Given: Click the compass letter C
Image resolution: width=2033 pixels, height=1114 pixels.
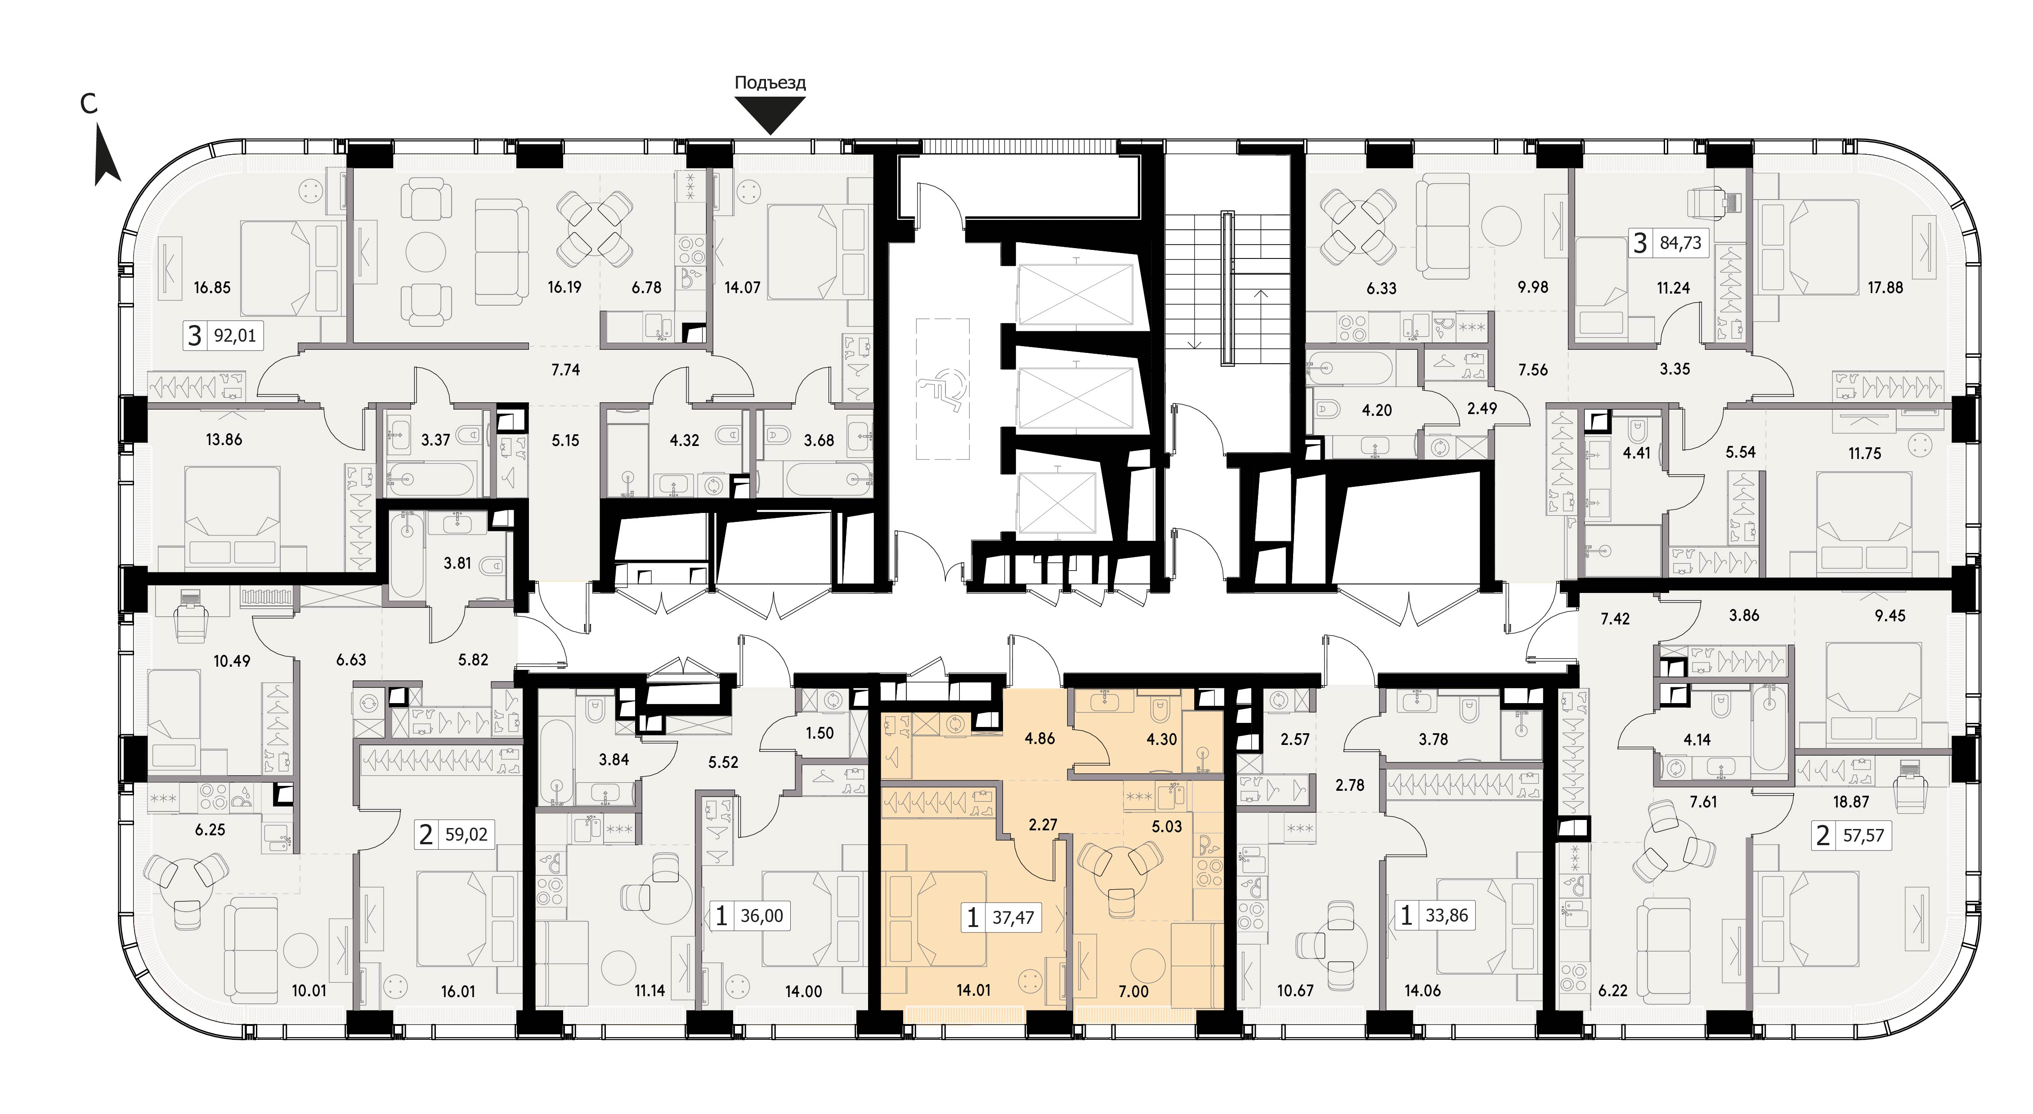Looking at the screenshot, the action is click(89, 103).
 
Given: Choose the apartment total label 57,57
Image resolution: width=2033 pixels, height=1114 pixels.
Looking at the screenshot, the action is click(1863, 835).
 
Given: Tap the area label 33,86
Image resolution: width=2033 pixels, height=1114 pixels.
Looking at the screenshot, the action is click(1446, 917).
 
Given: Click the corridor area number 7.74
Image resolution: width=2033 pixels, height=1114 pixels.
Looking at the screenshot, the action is click(566, 369).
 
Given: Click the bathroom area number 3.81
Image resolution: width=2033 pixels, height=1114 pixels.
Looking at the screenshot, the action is click(458, 563).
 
